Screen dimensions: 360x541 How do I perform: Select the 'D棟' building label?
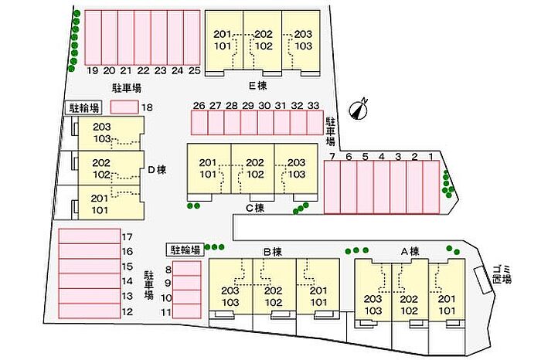point(158,169)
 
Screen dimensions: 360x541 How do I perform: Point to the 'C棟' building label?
point(255,207)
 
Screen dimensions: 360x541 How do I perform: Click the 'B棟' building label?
point(272,251)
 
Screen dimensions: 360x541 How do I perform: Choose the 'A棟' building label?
point(409,251)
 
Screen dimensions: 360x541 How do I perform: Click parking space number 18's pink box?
point(124,107)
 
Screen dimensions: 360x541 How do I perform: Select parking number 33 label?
point(313,106)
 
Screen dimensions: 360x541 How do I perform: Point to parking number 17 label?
point(128,237)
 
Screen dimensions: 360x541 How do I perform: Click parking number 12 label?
point(128,311)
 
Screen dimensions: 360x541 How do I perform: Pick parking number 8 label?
point(166,269)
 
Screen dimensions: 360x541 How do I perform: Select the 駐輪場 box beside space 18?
point(83,108)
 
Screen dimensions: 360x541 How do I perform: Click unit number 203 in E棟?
point(303,33)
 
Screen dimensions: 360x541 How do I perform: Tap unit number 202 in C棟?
point(254,162)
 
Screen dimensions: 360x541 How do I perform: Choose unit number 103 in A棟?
point(374,311)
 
